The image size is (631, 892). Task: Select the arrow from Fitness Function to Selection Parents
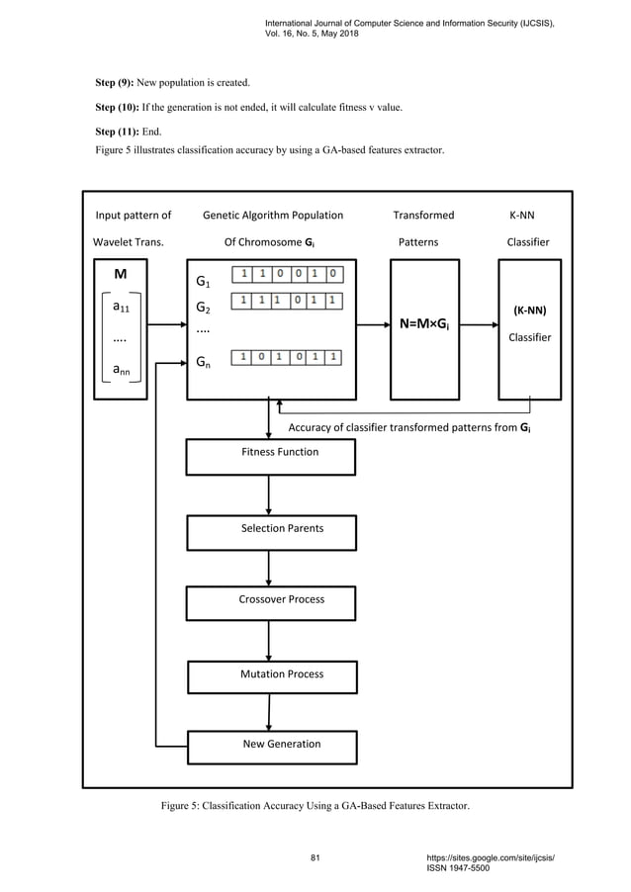(x=269, y=494)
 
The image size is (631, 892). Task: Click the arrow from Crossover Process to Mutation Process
(x=269, y=641)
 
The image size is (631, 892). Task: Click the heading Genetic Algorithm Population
(x=273, y=215)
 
